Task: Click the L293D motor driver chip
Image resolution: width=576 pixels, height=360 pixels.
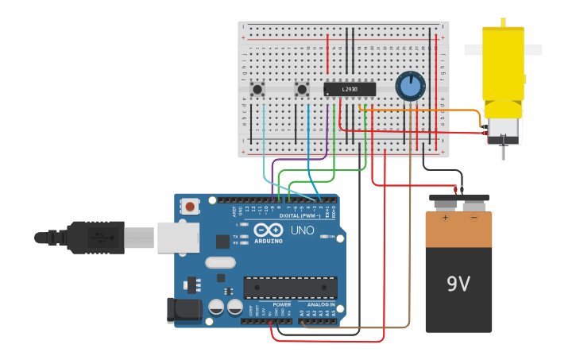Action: click(350, 90)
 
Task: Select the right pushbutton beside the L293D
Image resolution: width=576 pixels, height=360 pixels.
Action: click(302, 89)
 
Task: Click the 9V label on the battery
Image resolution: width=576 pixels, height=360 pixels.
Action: click(458, 284)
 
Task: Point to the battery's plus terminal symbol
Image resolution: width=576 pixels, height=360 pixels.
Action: click(445, 216)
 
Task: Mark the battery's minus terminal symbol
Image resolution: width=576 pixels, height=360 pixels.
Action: click(474, 216)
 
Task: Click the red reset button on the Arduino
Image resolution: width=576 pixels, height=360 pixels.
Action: click(191, 207)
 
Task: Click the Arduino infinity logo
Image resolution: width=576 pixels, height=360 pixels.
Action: click(269, 229)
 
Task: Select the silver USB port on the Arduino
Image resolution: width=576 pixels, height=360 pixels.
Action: click(176, 237)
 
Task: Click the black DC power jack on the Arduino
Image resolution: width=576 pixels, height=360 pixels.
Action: click(183, 310)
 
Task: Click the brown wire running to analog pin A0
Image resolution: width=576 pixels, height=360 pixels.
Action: click(409, 238)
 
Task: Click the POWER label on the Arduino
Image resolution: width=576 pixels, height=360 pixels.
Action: click(282, 304)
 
